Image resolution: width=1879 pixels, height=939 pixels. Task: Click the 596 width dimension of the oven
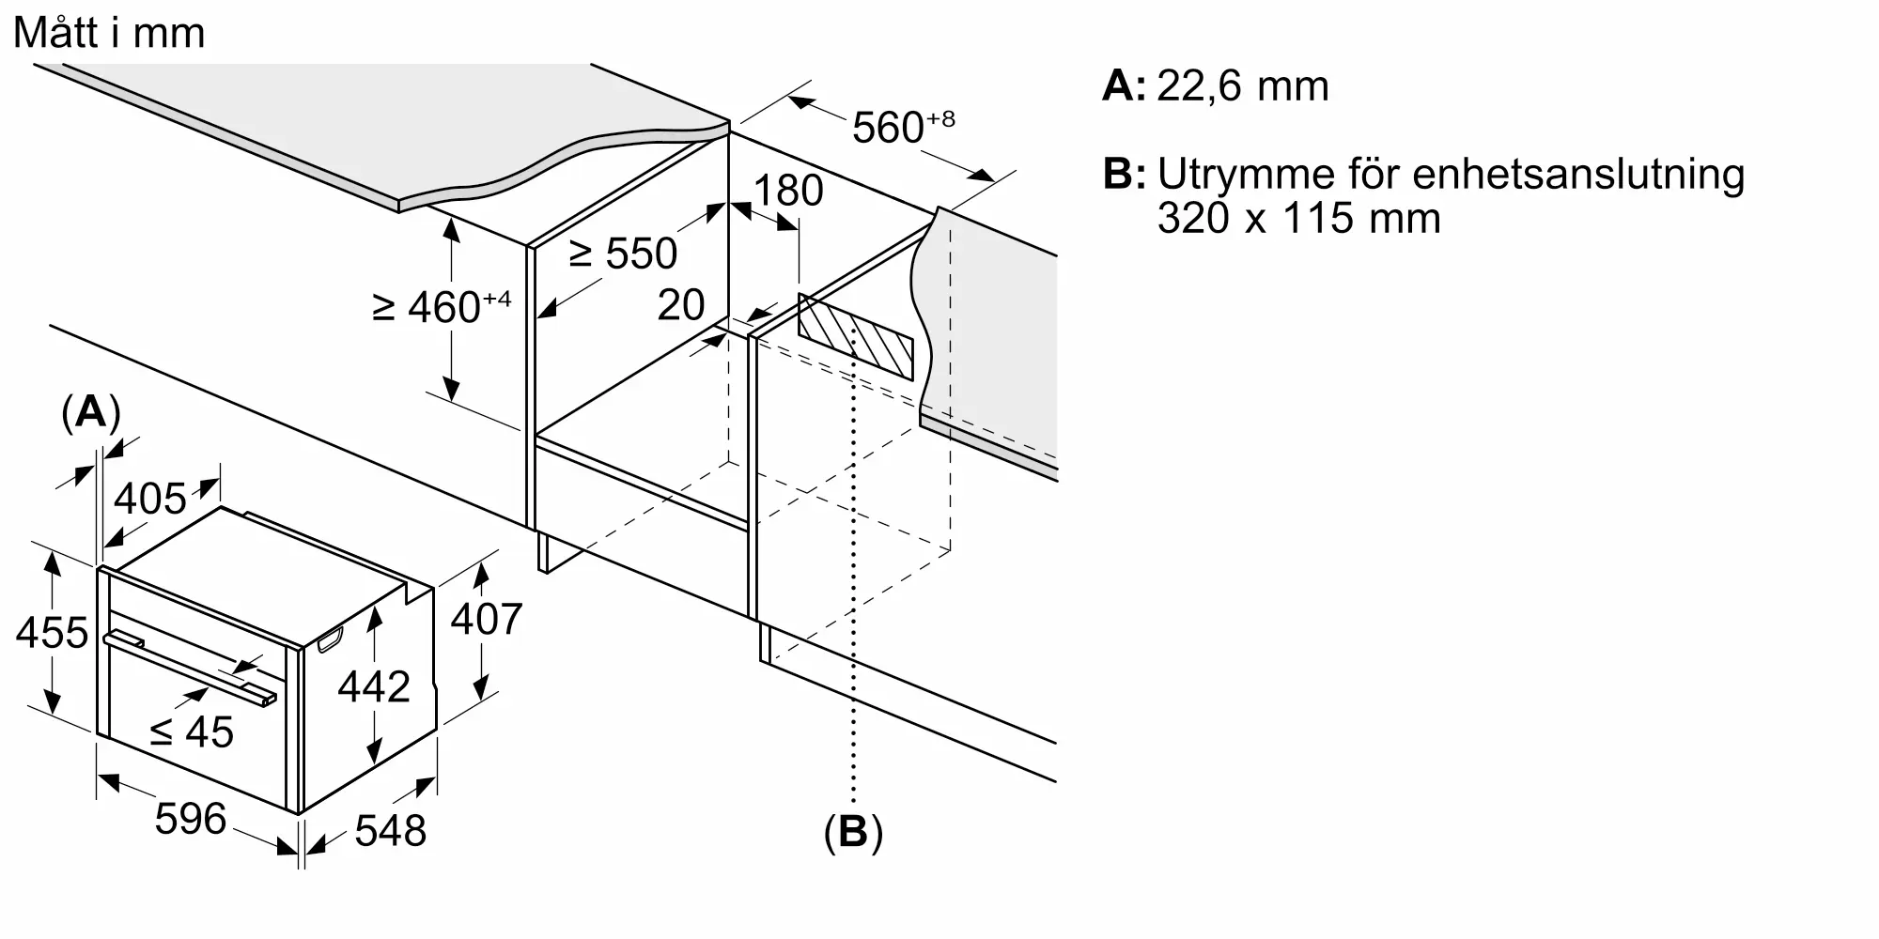191,819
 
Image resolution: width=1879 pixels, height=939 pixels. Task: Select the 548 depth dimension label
391,830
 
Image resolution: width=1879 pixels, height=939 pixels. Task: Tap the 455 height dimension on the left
52,633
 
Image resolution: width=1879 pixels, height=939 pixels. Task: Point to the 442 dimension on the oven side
374,686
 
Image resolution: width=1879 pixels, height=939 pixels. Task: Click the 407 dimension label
487,619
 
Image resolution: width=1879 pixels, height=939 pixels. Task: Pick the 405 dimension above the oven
150,499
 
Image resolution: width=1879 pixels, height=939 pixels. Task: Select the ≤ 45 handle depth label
192,731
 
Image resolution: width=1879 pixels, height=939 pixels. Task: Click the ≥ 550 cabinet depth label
623,254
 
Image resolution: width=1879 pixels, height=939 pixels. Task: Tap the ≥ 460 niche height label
442,306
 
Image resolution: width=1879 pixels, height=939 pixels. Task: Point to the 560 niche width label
903,127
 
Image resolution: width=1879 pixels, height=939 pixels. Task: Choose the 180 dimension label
788,191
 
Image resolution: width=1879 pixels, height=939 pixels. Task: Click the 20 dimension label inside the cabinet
681,305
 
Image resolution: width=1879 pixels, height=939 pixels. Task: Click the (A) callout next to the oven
91,411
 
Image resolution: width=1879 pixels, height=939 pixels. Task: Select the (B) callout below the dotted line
853,832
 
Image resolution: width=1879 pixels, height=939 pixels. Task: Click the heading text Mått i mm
109,34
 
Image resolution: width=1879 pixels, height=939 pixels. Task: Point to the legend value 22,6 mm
1243,86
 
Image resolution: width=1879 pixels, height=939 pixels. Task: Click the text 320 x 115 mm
1299,218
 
